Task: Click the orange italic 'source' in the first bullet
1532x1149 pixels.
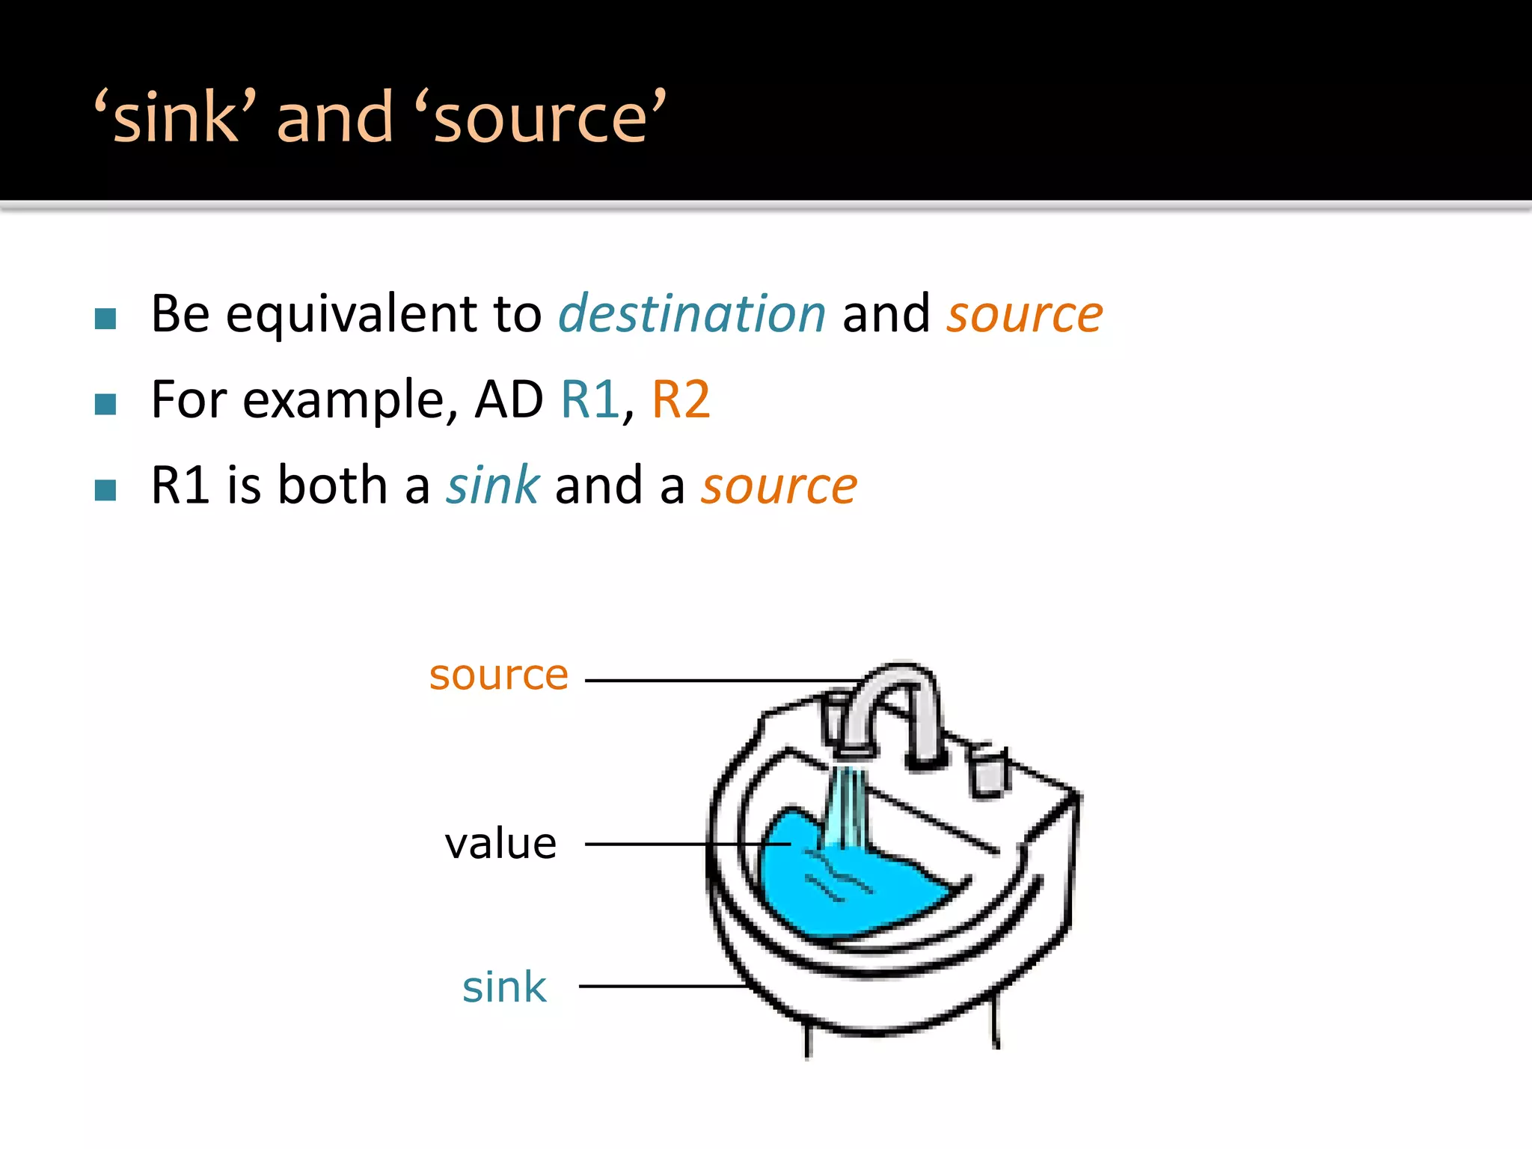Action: click(1024, 314)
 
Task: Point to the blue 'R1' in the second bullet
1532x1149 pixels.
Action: click(590, 399)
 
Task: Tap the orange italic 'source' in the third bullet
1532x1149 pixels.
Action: click(779, 486)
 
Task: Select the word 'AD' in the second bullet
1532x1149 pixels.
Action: click(509, 399)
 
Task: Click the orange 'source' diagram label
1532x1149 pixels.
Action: click(499, 675)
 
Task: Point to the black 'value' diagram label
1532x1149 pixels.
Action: click(500, 844)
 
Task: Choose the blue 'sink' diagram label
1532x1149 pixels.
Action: click(504, 987)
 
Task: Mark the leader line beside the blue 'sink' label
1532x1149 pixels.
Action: click(658, 987)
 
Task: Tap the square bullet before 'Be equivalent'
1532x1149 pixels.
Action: click(105, 319)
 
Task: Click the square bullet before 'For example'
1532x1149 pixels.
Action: click(105, 405)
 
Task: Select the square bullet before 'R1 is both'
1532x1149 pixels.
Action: click(105, 490)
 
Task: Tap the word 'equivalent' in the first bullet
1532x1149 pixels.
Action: click(352, 314)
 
